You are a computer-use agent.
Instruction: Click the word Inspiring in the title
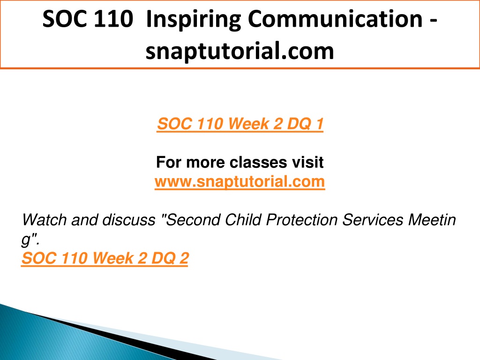(x=194, y=20)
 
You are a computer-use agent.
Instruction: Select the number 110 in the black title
(x=113, y=19)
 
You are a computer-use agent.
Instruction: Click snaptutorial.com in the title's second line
(x=240, y=51)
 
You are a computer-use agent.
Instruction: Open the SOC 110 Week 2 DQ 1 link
(x=240, y=124)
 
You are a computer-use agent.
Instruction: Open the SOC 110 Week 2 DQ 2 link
(x=105, y=258)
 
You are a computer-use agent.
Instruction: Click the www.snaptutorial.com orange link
(x=240, y=181)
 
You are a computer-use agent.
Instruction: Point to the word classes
(x=258, y=162)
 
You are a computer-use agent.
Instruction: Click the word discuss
(x=128, y=220)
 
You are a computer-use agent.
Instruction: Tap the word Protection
(x=302, y=220)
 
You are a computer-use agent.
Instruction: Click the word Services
(x=373, y=220)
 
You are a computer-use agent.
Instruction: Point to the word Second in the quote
(x=192, y=220)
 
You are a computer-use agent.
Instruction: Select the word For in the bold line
(x=169, y=162)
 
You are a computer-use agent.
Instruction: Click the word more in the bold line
(x=205, y=163)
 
